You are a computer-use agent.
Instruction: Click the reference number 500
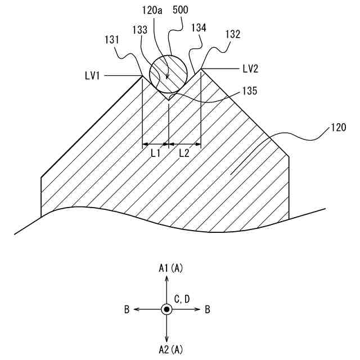(x=182, y=11)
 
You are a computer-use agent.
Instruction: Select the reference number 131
(x=112, y=40)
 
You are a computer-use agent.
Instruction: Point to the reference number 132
(x=232, y=34)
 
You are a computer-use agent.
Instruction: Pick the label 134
(x=199, y=28)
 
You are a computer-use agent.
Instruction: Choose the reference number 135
(x=249, y=90)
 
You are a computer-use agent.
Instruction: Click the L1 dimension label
(x=156, y=152)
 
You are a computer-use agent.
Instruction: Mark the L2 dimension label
(x=185, y=152)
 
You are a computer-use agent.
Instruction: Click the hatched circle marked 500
(x=168, y=73)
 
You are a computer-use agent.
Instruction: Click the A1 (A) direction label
(x=170, y=269)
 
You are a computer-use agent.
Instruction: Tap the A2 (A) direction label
(x=170, y=350)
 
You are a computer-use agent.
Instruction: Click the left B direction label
(x=127, y=309)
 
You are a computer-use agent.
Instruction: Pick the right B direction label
(x=208, y=309)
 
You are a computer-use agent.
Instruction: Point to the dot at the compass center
(x=166, y=309)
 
